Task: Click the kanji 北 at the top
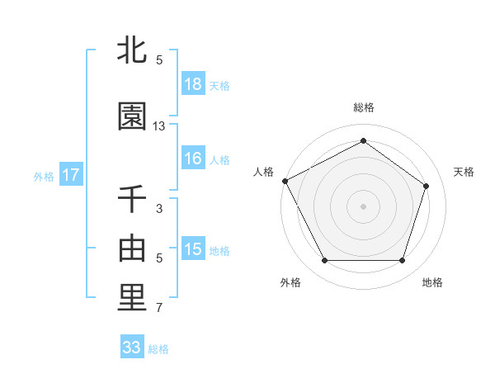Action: click(132, 50)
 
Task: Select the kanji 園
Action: click(132, 116)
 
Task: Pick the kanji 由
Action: click(132, 248)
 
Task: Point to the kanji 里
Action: click(132, 299)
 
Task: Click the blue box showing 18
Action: click(193, 84)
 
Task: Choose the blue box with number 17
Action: click(71, 175)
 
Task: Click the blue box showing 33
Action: click(132, 348)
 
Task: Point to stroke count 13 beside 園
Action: click(159, 126)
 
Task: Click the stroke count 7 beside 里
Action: click(159, 309)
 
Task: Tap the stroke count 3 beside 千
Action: click(159, 209)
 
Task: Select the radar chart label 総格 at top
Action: click(364, 107)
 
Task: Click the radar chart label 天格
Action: click(464, 172)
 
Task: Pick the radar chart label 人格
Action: click(264, 172)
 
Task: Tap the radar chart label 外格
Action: click(290, 282)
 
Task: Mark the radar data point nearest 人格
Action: click(285, 181)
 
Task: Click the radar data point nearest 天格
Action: click(426, 186)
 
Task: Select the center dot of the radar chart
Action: click(364, 206)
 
